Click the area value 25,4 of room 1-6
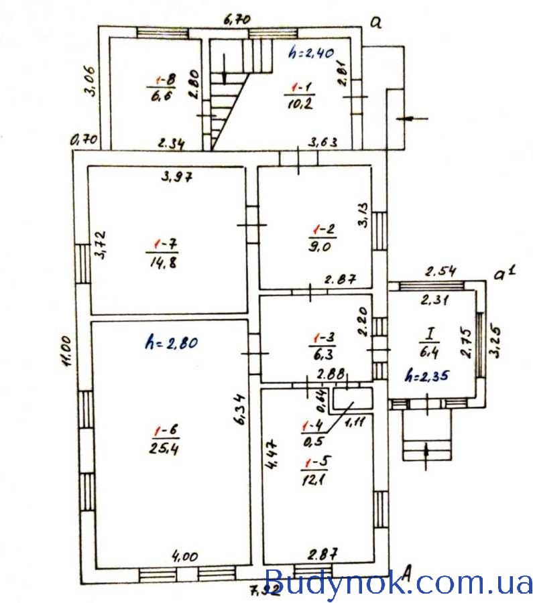pos(164,448)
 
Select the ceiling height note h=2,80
pos(172,342)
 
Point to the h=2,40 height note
pos(311,53)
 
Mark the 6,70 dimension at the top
pos(237,19)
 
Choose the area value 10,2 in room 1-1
pos(300,103)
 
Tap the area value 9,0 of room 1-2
pos(319,246)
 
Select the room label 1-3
pos(324,338)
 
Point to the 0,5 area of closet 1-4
pos(314,441)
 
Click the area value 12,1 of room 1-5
pos(314,480)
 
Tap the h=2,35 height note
pos(427,376)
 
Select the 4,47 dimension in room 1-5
pos(272,454)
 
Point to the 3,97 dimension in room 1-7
pos(176,176)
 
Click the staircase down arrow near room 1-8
pos(225,69)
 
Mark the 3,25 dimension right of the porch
pos(495,342)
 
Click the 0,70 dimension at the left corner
pos(84,139)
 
